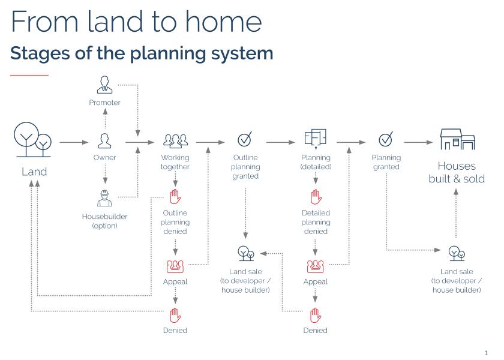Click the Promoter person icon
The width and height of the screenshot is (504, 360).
(x=105, y=85)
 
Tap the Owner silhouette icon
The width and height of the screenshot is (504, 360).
(x=105, y=141)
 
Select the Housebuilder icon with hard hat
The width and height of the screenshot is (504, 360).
(x=104, y=198)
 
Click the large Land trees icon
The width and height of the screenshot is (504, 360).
(x=33, y=139)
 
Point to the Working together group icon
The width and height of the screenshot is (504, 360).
(x=175, y=141)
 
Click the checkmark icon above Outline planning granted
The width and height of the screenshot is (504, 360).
(x=245, y=139)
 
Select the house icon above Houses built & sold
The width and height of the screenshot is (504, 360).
(x=457, y=139)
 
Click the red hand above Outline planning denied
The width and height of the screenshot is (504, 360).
(x=175, y=196)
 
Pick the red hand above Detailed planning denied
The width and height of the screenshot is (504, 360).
(x=316, y=197)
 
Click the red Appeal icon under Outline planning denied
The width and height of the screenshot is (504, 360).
(x=175, y=266)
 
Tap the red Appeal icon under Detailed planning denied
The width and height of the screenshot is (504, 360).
(x=316, y=266)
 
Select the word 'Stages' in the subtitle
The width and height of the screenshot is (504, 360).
(x=40, y=53)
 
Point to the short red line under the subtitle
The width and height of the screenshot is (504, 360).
(x=29, y=75)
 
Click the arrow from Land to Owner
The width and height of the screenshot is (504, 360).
(x=74, y=142)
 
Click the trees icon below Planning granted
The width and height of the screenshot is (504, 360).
(x=457, y=254)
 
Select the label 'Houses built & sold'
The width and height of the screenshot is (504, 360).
(x=457, y=172)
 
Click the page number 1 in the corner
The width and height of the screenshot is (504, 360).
(x=485, y=353)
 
